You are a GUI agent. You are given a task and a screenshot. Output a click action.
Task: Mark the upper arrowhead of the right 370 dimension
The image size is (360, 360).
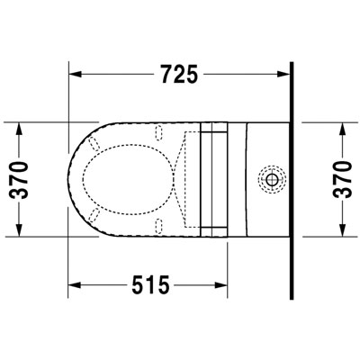pos(341,127)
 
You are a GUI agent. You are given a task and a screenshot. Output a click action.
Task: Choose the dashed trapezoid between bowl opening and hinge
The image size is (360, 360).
pos(184,177)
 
